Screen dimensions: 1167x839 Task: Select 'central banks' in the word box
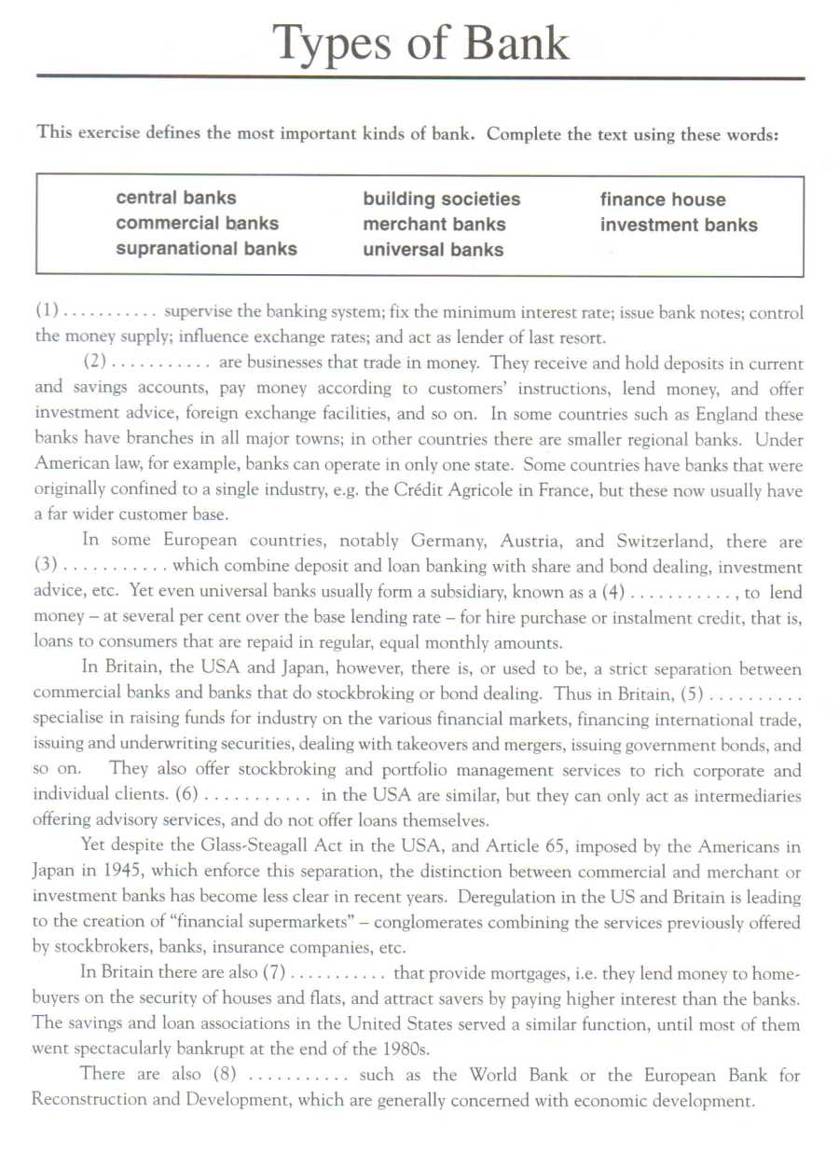(x=176, y=198)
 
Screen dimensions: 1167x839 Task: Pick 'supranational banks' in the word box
(x=206, y=249)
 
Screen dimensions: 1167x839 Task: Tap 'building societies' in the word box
(x=442, y=199)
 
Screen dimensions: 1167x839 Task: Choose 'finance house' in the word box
(x=662, y=199)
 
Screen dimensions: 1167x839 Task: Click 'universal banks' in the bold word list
(x=433, y=250)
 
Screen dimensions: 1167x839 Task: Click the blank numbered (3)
(x=101, y=566)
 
